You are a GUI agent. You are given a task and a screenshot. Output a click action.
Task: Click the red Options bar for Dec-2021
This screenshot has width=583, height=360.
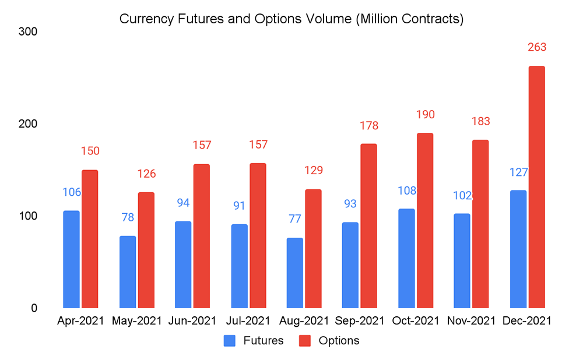click(536, 187)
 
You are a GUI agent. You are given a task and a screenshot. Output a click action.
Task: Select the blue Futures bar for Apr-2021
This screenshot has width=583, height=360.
click(71, 259)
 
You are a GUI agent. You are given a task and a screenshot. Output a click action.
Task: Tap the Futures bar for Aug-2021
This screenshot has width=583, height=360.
click(295, 273)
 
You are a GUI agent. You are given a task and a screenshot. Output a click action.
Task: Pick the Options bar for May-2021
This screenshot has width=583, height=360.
click(146, 250)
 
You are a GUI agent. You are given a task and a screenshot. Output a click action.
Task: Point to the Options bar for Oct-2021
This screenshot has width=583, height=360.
click(424, 220)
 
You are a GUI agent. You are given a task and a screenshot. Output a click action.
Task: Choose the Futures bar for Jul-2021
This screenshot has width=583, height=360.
click(239, 266)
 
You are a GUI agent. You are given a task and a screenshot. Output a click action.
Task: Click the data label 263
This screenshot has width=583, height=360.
click(536, 47)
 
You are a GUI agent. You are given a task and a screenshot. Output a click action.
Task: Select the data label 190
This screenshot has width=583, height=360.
click(425, 114)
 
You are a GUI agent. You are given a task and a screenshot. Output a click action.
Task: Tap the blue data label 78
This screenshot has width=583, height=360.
click(127, 217)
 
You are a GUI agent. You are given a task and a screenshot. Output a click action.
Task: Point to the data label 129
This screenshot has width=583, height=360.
click(313, 171)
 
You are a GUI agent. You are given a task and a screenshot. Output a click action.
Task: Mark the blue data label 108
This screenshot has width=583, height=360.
click(406, 190)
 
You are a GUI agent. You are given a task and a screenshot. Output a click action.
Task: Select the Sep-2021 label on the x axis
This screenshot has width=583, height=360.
click(360, 321)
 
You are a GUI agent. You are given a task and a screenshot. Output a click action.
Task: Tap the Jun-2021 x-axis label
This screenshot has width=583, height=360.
click(192, 321)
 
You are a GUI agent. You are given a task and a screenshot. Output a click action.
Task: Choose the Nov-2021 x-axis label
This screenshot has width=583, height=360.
click(471, 321)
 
